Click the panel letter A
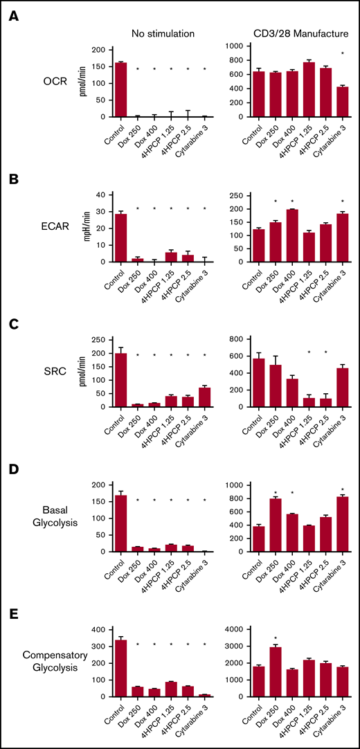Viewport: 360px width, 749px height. (13, 16)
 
